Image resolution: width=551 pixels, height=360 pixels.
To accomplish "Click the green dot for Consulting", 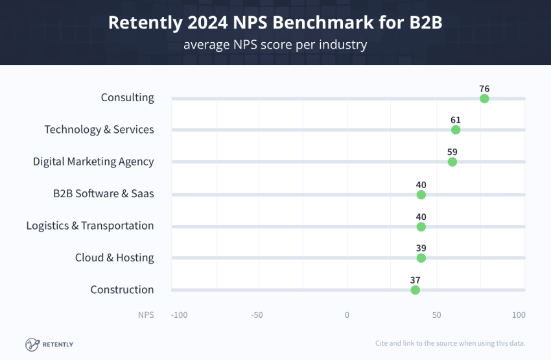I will [484, 99].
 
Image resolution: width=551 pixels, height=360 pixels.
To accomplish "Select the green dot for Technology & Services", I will [456, 130].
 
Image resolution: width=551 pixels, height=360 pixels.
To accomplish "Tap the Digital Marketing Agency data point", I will [452, 162].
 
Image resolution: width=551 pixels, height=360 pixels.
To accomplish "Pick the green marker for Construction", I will [416, 290].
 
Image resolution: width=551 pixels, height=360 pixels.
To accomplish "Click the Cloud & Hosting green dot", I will [421, 258].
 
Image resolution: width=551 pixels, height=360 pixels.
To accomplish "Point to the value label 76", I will [484, 88].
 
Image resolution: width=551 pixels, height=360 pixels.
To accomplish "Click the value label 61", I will [456, 120].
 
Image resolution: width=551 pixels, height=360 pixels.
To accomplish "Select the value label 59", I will [452, 151].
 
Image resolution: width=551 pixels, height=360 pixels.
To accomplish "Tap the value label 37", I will [416, 280].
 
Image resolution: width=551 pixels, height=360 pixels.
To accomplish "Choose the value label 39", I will [421, 248].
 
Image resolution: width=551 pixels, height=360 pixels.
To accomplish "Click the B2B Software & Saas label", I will [104, 193].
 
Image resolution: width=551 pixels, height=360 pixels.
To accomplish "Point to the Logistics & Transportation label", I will [90, 226].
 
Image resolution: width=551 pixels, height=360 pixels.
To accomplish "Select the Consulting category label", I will [127, 97].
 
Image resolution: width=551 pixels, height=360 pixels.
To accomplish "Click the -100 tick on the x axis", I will [179, 315].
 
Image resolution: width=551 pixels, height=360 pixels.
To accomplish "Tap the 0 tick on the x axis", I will [347, 315].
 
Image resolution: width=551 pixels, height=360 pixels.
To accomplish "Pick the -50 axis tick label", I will [257, 315].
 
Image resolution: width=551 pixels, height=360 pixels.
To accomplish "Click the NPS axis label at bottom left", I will [146, 315].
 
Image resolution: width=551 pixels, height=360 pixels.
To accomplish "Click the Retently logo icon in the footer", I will [32, 344].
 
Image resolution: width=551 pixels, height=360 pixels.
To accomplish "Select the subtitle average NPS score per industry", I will [275, 45].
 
